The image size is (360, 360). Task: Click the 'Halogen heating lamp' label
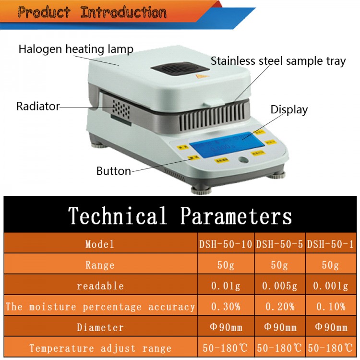[x=76, y=49]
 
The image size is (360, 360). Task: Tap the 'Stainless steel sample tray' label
[x=278, y=61]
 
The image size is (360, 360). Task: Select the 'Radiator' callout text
[x=38, y=106]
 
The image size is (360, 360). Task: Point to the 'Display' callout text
[x=289, y=109]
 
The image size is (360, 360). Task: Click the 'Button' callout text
[x=113, y=171]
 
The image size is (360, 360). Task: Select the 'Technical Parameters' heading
[x=180, y=215]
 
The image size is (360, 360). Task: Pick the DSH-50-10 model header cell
[x=226, y=244]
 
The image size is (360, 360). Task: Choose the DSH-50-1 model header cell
[x=331, y=244]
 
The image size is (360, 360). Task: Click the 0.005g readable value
[x=279, y=286]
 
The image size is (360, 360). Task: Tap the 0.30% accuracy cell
[x=226, y=307]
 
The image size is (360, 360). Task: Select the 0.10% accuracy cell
[x=331, y=307]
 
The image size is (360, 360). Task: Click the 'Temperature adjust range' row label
[x=100, y=348]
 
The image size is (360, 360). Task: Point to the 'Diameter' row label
[x=100, y=328]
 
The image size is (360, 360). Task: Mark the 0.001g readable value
[x=331, y=286]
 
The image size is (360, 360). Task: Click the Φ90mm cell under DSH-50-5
[x=279, y=328]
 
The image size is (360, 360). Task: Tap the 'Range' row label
[x=100, y=265]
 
